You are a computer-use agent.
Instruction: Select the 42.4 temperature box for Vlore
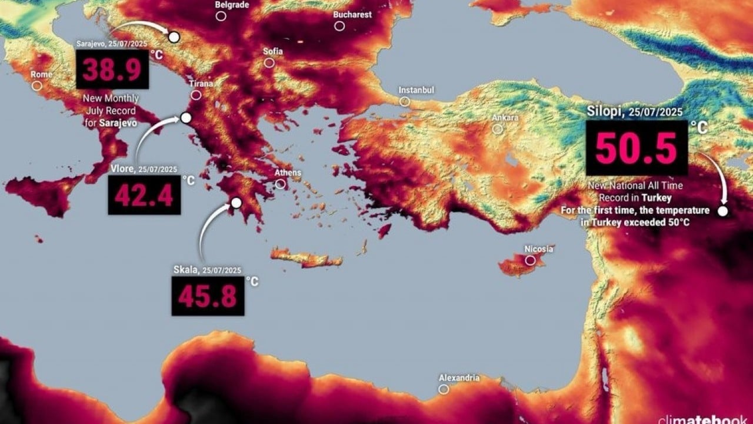[x=144, y=196]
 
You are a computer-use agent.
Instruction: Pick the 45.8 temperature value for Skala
[x=208, y=296]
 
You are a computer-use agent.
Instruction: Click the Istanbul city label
[x=416, y=90]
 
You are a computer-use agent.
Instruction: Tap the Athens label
[x=288, y=173]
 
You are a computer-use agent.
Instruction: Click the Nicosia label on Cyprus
[x=538, y=249]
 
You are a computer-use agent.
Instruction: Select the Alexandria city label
[x=459, y=378]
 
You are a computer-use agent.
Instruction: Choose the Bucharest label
[x=352, y=15]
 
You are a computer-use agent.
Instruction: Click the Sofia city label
[x=273, y=51]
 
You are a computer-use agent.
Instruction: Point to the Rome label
[x=42, y=75]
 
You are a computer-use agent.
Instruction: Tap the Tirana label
[x=201, y=84]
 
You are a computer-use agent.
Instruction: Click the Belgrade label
[x=232, y=5]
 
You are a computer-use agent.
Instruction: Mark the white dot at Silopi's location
[x=723, y=211]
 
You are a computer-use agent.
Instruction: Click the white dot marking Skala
[x=236, y=203]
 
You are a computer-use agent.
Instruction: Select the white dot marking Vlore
[x=186, y=118]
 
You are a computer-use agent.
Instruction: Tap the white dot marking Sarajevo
[x=174, y=37]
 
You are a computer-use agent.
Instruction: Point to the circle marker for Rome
[x=37, y=85]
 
